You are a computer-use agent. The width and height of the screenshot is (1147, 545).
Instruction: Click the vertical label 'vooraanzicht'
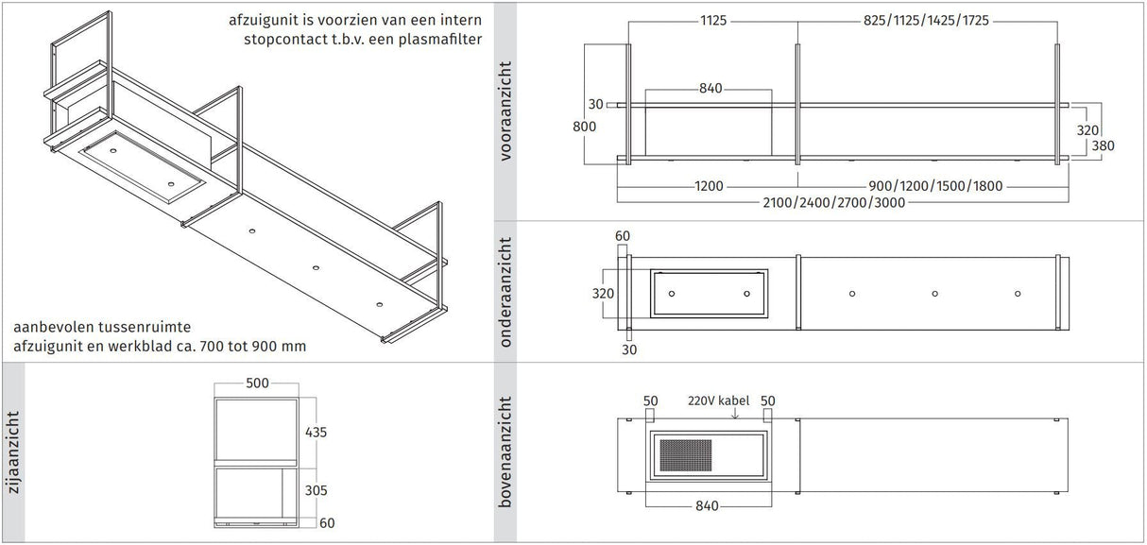coord(506,111)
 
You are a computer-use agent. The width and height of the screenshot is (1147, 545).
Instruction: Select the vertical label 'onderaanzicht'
coord(506,292)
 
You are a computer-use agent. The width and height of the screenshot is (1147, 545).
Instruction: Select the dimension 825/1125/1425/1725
coord(926,20)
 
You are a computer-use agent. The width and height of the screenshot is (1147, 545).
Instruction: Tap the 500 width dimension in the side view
coord(257,383)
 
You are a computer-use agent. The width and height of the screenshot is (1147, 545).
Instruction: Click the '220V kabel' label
coord(718,400)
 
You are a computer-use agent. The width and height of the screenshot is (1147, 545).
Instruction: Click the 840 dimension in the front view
coord(710,89)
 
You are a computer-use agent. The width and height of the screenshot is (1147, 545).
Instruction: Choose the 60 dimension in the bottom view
coord(622,235)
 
